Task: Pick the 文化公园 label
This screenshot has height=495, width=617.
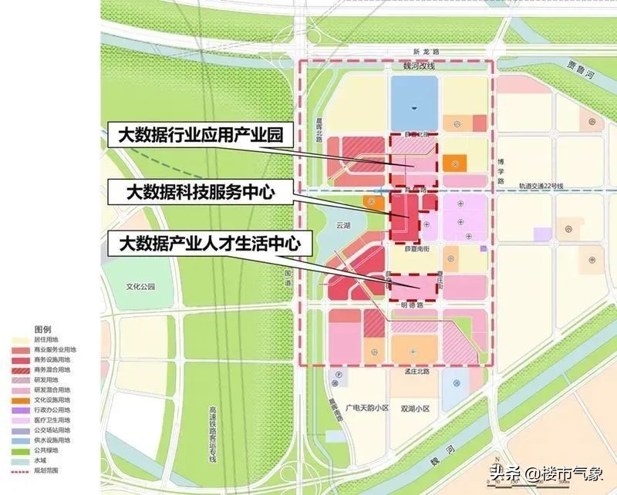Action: pos(141,286)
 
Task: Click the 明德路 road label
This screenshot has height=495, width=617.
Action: pos(413,305)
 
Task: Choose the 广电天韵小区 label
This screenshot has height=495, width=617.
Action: pos(368,406)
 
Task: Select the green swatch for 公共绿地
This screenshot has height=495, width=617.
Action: pos(19,450)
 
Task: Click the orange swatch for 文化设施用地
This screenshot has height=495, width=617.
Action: pos(19,400)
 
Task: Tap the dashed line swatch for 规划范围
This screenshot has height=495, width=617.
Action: pos(19,470)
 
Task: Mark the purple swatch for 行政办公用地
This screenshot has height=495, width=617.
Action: pos(19,410)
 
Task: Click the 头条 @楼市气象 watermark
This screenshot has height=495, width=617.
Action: pos(548,472)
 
